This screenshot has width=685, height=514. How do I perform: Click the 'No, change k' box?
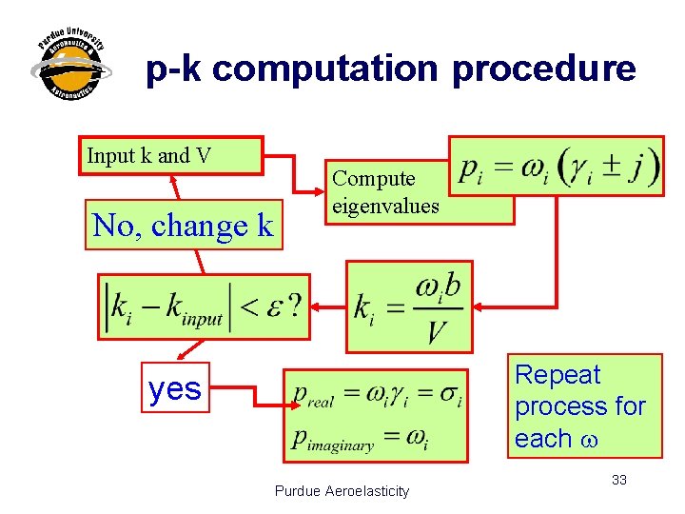click(x=184, y=226)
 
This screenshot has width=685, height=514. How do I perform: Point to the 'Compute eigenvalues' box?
click(x=386, y=191)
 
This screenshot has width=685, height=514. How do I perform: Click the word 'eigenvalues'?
click(x=386, y=205)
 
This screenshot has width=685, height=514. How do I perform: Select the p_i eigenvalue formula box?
click(x=558, y=167)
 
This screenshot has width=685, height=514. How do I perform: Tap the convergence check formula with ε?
click(x=205, y=306)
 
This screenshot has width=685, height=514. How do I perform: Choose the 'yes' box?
click(x=176, y=388)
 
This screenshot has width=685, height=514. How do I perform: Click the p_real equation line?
click(x=378, y=395)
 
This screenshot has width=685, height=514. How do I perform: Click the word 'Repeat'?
click(x=558, y=375)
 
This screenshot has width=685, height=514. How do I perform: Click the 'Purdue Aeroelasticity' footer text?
click(x=342, y=491)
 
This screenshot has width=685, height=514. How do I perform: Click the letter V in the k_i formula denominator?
click(x=437, y=332)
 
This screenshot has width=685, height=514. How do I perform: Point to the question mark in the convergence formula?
click(x=295, y=305)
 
